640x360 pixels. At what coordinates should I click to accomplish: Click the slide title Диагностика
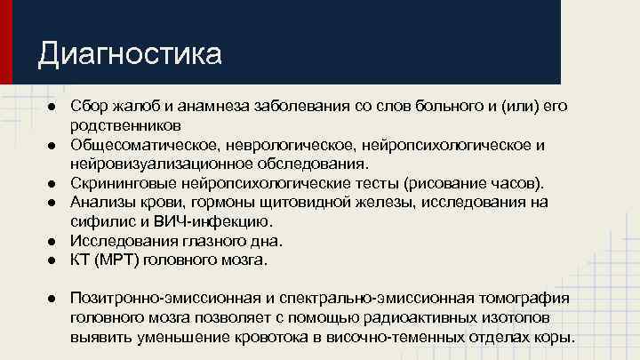(x=129, y=54)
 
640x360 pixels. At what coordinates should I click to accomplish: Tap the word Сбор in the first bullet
(x=89, y=106)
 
